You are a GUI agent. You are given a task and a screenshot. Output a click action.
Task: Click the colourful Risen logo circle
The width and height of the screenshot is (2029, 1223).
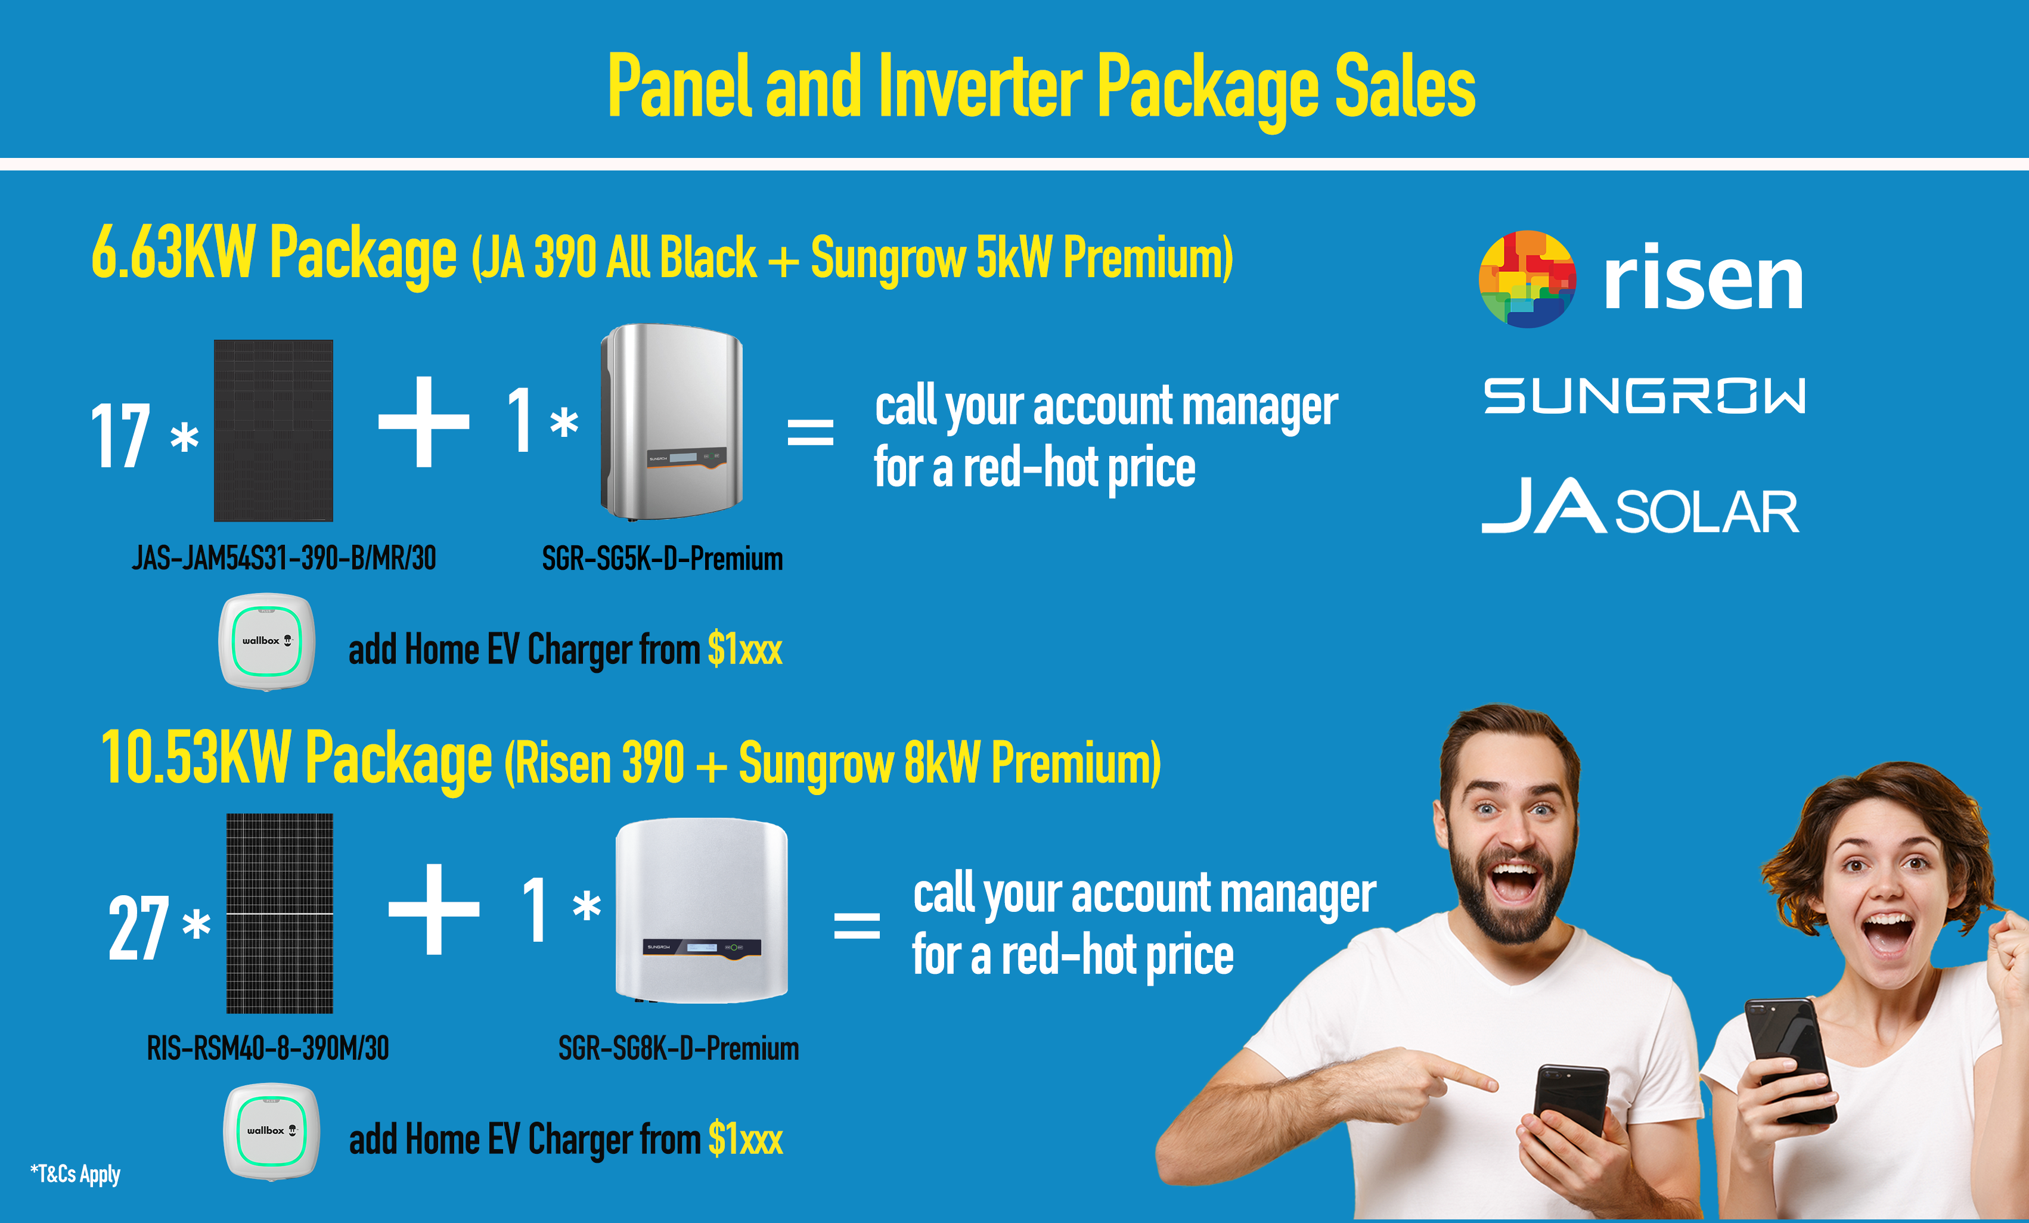click(1528, 279)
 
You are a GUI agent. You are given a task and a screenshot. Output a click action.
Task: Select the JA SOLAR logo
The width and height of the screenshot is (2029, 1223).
click(1640, 505)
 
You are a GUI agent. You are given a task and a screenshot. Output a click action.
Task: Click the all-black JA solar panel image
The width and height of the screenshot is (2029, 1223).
click(274, 430)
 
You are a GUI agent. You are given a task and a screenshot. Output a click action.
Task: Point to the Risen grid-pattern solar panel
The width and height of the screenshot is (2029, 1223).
click(280, 913)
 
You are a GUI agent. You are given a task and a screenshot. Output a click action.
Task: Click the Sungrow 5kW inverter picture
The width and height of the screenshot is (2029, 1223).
click(672, 421)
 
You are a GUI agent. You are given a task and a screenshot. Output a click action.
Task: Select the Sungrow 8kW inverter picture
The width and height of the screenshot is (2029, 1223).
click(702, 910)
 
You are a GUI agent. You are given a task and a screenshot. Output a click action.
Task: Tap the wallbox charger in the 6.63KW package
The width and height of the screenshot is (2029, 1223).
click(267, 641)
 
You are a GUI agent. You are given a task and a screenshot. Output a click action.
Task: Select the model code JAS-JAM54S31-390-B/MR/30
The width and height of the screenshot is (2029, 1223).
click(284, 558)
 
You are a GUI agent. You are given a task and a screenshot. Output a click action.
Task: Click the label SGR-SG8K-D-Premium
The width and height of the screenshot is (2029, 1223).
click(678, 1048)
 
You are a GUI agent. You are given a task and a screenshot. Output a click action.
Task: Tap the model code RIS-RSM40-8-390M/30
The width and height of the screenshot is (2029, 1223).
click(268, 1048)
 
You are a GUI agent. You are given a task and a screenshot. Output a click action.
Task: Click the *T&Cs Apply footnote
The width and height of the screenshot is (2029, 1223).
click(75, 1174)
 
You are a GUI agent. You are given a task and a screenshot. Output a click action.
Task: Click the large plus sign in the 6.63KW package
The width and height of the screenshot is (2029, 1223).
click(424, 421)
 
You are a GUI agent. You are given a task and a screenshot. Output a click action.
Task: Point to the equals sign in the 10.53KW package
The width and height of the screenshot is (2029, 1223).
click(857, 925)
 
